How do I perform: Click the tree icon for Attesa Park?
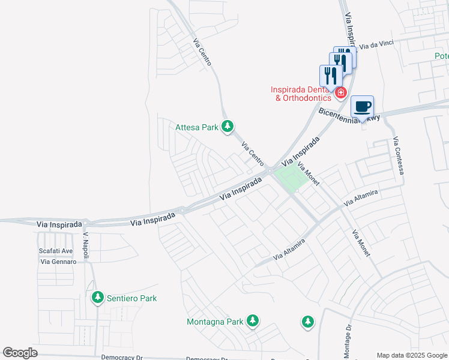pos(227,126)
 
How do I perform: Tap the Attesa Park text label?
pos(197,127)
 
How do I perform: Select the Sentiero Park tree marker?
pos(97,298)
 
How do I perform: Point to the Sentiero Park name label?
pos(131,298)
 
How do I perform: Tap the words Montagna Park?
pos(215,322)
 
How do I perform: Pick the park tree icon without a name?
pos(307,322)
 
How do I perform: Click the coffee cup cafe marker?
pos(362,107)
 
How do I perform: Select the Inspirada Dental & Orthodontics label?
pos(303,94)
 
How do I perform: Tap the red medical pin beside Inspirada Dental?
pos(340,92)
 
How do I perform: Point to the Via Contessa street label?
pos(397,155)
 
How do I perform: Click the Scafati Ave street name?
pos(55,251)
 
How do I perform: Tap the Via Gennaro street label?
pos(58,262)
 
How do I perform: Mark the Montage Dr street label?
pos(348,341)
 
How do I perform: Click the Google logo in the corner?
pos(20,353)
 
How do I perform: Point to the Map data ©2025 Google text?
pos(411,355)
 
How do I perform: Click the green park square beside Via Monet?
pos(289,179)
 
